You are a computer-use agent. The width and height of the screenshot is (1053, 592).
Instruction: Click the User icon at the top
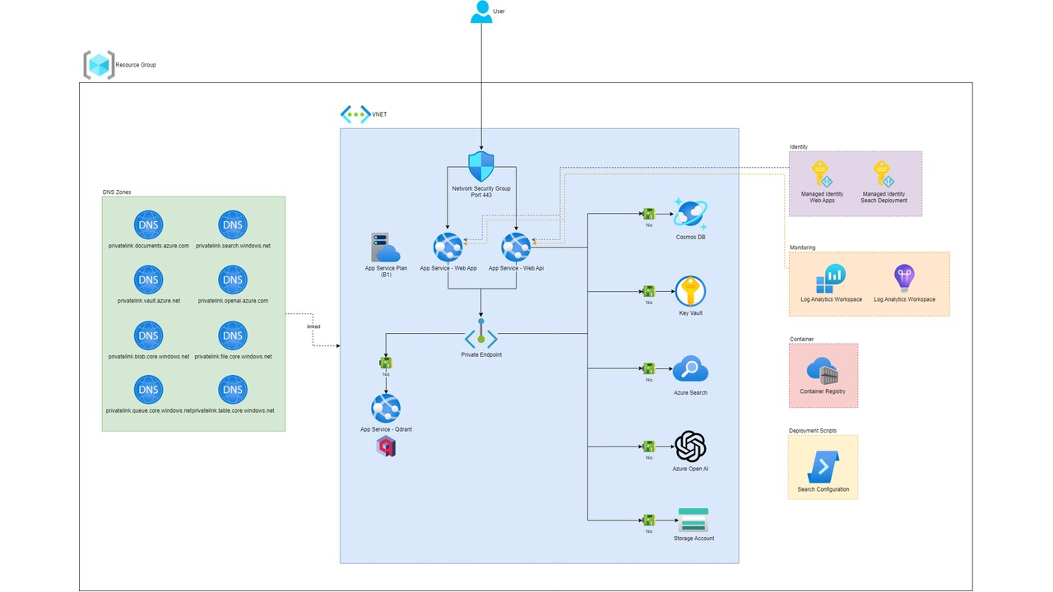[481, 12]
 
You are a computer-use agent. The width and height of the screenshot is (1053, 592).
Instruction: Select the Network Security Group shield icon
[480, 166]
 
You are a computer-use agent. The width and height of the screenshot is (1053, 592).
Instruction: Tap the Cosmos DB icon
[690, 214]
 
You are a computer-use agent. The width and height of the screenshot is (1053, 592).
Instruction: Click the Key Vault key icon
[690, 291]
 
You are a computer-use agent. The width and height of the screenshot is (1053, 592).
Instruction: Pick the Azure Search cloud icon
[690, 370]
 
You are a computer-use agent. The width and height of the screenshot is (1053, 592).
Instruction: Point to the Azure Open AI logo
[690, 447]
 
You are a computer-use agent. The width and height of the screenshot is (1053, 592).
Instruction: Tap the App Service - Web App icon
[448, 247]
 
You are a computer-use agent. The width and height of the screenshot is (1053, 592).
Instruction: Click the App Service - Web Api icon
[516, 247]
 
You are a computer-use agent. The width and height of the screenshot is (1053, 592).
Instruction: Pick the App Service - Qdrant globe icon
[385, 409]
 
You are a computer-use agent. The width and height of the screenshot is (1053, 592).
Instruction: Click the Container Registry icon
[823, 372]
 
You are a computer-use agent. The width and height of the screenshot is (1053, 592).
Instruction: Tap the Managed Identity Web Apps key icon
[822, 173]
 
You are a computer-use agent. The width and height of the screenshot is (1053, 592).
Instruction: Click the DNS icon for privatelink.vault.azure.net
[149, 280]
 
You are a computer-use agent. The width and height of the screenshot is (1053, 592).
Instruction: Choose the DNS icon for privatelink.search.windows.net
[233, 225]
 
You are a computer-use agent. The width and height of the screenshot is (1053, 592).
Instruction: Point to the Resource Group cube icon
[99, 64]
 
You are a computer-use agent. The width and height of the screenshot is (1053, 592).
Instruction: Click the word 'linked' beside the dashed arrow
[313, 326]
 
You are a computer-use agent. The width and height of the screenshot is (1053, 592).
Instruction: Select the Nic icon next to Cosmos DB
[648, 215]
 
